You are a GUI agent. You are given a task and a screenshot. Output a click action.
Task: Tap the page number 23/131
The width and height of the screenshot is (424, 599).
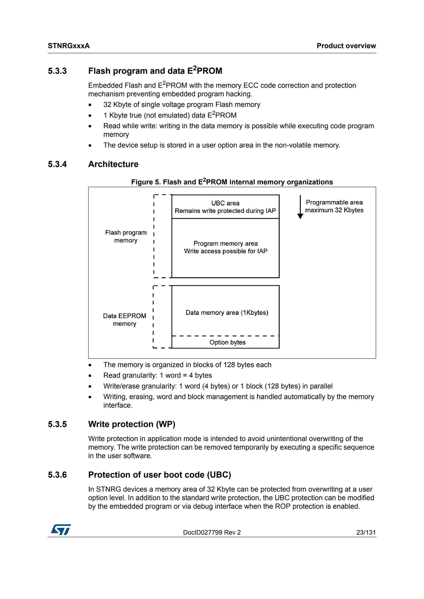coord(366,532)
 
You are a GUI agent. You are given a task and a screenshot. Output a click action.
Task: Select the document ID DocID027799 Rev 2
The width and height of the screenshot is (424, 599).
coord(212,532)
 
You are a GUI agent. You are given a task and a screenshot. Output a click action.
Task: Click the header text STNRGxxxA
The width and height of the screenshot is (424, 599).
coord(69,46)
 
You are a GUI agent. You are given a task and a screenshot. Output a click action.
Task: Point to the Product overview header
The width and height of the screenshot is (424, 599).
coord(346,46)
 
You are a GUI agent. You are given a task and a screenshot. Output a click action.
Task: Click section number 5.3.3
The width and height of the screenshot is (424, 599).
coord(57,71)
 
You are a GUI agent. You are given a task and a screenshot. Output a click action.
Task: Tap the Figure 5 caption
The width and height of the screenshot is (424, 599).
coord(232,182)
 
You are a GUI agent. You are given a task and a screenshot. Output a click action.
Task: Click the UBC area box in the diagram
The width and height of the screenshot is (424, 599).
coord(225,207)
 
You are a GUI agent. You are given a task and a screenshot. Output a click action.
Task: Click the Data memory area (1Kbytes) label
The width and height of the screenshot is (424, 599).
coord(227,312)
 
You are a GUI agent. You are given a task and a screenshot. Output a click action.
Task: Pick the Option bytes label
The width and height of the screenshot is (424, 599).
coord(227,342)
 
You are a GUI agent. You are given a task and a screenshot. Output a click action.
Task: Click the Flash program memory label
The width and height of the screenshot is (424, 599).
coord(126,236)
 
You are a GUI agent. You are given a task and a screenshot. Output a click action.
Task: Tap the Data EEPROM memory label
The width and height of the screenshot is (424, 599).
coord(125,320)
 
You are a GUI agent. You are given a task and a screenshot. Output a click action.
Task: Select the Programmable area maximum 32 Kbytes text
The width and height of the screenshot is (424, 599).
coord(334,206)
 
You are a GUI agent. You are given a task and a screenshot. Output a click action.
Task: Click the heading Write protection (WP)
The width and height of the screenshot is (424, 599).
coord(132,424)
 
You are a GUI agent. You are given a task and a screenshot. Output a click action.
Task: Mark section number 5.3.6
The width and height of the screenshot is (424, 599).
coord(57,475)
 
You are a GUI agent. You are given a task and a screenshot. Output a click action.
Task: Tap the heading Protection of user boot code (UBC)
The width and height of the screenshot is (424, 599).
coord(159,475)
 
